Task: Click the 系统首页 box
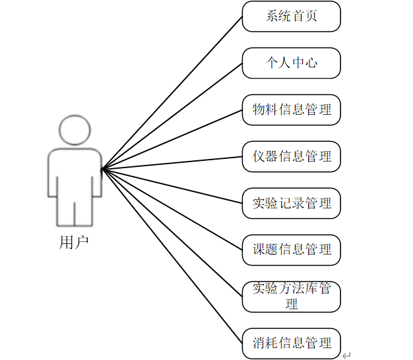291,16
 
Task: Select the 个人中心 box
291,63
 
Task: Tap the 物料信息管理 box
291,109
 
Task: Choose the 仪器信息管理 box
291,156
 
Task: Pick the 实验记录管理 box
291,203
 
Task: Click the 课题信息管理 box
291,250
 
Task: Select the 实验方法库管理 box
291,297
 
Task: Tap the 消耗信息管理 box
291,344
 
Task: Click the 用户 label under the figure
74,243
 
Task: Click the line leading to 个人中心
172,117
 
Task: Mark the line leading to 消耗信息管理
172,256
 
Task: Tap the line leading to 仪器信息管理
172,163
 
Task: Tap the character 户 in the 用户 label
81,243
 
